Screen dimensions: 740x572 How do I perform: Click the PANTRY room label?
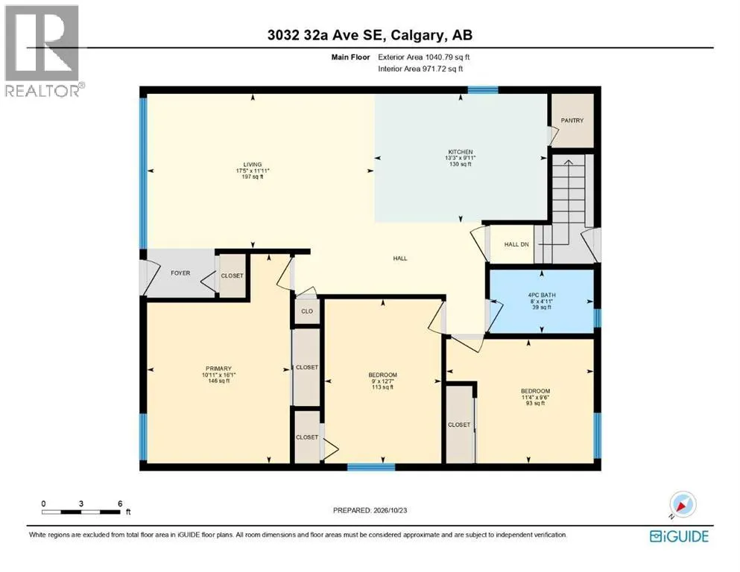point(572,121)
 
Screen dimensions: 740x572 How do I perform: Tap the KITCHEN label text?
point(461,152)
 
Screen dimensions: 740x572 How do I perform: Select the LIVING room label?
point(253,165)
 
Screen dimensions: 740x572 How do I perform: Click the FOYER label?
point(180,273)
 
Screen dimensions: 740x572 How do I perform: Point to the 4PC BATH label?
point(542,295)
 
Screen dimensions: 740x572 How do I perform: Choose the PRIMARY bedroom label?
point(218,368)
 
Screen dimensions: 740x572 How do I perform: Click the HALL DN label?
point(516,244)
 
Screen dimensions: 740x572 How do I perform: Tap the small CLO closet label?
point(307,311)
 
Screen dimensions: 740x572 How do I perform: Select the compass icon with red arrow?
point(683,504)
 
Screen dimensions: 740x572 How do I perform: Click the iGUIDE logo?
point(679,537)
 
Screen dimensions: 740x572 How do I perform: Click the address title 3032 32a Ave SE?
point(370,35)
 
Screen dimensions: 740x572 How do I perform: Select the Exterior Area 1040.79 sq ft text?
point(424,57)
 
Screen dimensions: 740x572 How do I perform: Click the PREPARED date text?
point(370,510)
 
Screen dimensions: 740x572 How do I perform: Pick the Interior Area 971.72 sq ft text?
point(420,69)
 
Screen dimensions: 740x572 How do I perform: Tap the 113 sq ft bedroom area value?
point(383,387)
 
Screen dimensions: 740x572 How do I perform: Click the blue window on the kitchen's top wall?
point(483,89)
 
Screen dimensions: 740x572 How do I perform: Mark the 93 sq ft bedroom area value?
point(535,403)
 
